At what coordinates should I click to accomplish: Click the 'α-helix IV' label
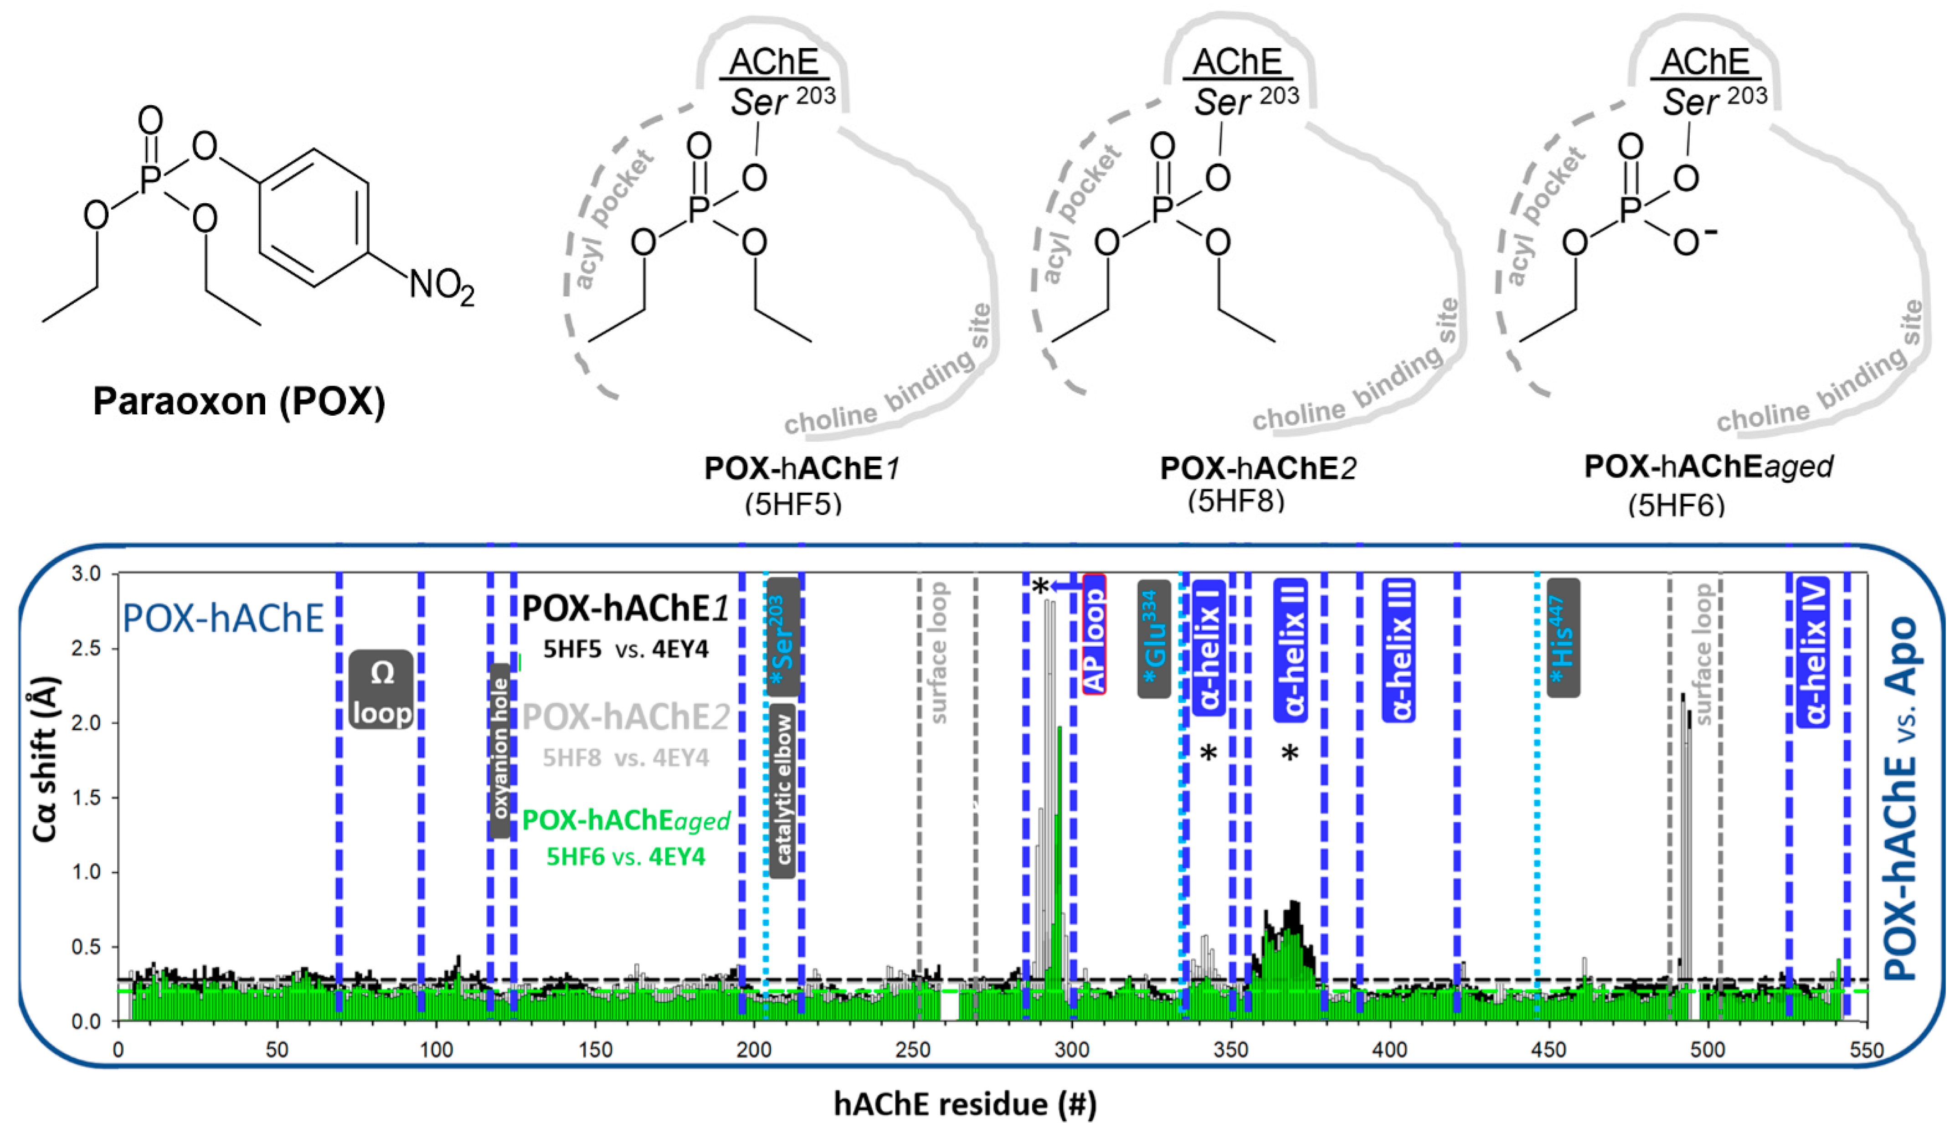click(x=1815, y=653)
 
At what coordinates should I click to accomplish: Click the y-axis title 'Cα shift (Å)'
click(x=45, y=759)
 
